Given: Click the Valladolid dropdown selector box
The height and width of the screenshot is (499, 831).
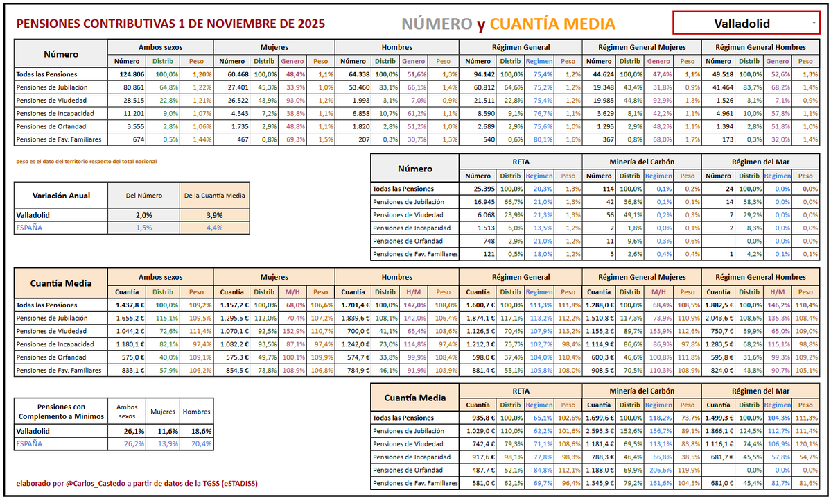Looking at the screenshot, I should (x=745, y=24).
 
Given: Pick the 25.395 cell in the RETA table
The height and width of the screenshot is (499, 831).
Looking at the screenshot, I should (x=479, y=189).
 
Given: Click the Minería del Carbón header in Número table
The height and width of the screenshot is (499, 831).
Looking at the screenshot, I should (x=641, y=162).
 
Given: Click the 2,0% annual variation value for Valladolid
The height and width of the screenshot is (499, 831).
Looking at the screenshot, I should (x=143, y=215).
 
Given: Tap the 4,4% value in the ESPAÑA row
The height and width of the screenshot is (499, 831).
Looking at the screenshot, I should (x=213, y=228).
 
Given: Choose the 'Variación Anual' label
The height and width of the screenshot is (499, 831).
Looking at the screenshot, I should (x=60, y=196).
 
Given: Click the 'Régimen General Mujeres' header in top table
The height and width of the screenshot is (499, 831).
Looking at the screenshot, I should (x=641, y=47).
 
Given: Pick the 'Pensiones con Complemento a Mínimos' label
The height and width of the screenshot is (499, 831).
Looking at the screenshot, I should (x=61, y=411).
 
